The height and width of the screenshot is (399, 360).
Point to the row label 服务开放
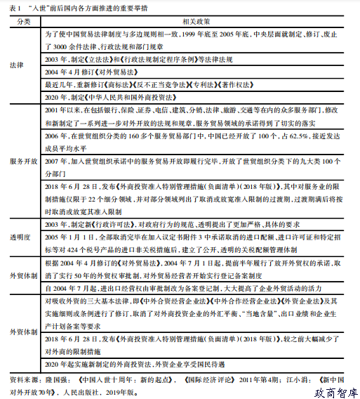click(23, 162)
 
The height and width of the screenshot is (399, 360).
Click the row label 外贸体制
click(23, 277)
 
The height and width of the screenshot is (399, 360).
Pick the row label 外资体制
click(23, 332)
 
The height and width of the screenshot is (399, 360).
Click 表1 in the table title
click(13, 7)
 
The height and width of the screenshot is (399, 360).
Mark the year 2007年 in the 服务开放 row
click(54, 161)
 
